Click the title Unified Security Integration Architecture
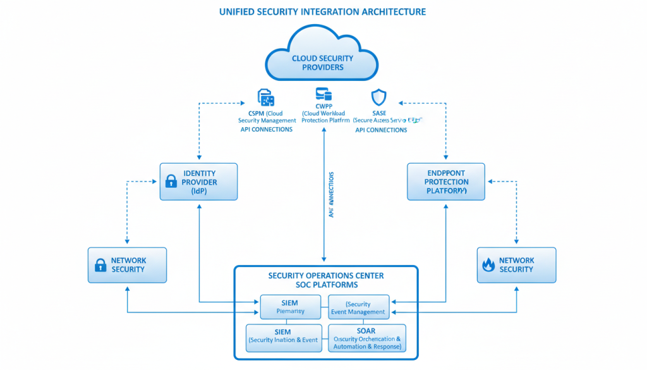pos(322,11)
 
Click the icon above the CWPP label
pos(323,95)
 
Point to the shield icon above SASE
pos(378,97)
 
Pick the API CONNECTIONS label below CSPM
pos(267,130)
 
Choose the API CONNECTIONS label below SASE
pos(381,130)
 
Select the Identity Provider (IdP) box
pos(198,182)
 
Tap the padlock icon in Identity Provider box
pos(171,182)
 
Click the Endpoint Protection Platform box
pos(446,182)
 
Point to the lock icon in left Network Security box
pos(100,265)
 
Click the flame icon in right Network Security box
pos(488,265)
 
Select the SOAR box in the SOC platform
pos(366,338)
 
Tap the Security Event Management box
pos(358,307)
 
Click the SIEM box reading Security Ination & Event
pos(284,336)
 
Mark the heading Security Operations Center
pos(325,276)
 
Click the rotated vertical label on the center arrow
pos(331,195)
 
